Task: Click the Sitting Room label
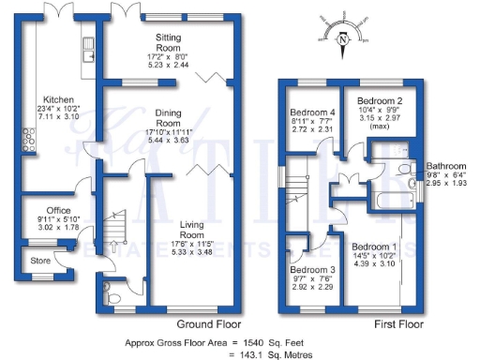168,40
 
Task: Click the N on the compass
343,39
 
